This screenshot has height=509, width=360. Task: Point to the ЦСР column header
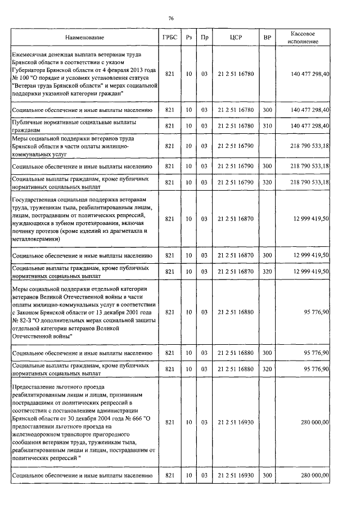coord(236,38)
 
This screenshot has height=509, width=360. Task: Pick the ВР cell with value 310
coord(267,125)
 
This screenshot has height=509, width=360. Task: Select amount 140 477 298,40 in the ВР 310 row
coord(310,125)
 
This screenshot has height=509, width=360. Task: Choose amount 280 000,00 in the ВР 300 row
coord(315,475)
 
